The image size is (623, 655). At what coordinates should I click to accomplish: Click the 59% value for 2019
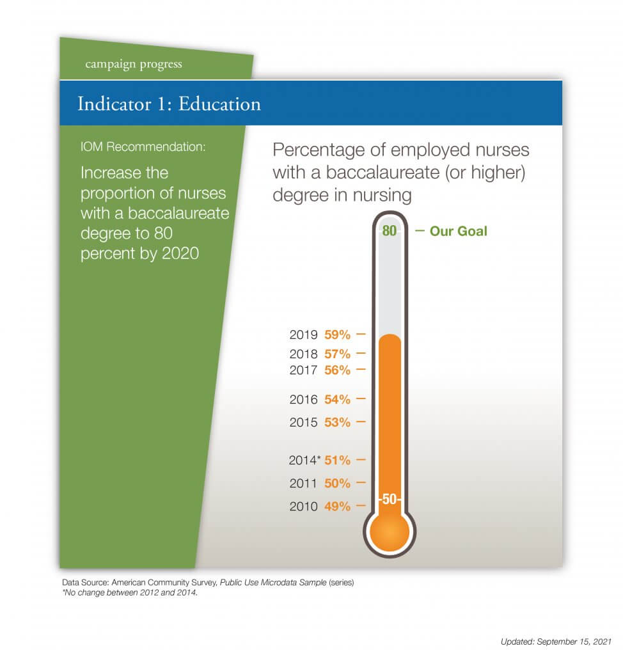[338, 334]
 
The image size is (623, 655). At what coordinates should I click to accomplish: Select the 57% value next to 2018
[338, 353]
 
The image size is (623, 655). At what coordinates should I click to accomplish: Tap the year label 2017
[303, 370]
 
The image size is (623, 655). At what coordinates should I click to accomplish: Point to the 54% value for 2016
[338, 399]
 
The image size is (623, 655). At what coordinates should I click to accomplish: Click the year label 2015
[303, 423]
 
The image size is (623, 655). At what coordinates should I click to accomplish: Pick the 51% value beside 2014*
[338, 460]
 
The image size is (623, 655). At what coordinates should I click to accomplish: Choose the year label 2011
[303, 484]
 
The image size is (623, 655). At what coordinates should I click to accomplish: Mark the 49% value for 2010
[338, 507]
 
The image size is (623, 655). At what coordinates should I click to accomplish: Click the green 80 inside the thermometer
[389, 231]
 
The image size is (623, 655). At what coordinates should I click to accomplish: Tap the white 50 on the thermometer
[389, 500]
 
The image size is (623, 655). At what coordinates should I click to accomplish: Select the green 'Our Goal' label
[458, 231]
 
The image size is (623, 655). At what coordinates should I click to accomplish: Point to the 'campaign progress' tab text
[133, 64]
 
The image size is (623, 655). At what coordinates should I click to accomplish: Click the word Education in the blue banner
[219, 104]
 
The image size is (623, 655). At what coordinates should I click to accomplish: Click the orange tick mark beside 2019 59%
[361, 334]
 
